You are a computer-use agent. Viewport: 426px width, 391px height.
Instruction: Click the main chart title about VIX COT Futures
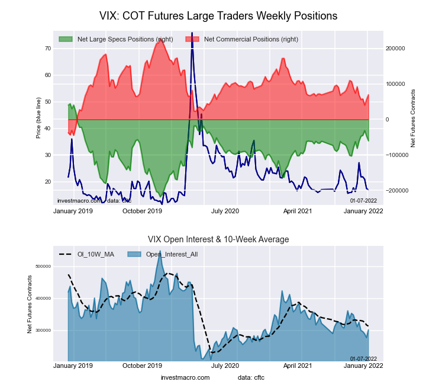coord(218,16)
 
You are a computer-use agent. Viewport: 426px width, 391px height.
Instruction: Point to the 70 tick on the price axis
coord(47,48)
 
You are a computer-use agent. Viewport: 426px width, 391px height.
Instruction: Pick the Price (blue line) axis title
coord(38,119)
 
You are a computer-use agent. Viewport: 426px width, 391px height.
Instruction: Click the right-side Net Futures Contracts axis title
coord(413,118)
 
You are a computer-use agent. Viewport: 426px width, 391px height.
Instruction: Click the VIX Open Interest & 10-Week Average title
coord(218,239)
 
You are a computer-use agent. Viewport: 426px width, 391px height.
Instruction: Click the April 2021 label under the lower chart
coord(298,366)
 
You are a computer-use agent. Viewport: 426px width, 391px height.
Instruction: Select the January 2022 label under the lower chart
coord(367,366)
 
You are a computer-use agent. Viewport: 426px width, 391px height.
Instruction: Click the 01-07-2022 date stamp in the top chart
coord(363,201)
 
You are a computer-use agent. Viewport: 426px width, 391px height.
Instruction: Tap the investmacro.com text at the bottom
coord(185,377)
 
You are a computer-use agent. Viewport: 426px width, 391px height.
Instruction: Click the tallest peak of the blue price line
coord(192,50)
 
